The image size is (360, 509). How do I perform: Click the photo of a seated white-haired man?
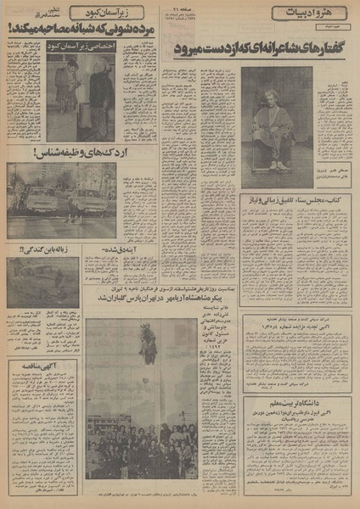[273, 127]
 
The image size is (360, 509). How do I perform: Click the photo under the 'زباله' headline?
[42, 282]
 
